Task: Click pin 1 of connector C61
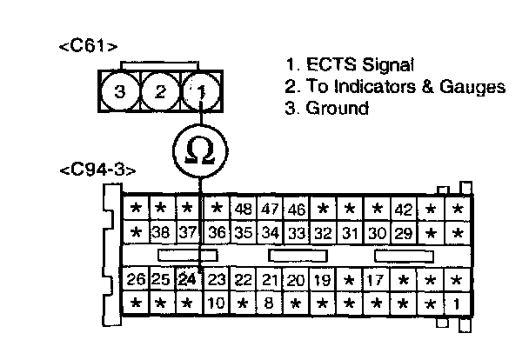[199, 90]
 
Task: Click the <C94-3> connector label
[97, 170]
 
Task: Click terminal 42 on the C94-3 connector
[404, 210]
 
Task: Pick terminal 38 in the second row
[159, 233]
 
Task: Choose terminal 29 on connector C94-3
[404, 233]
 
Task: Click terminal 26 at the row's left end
[135, 280]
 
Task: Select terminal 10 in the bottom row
[217, 303]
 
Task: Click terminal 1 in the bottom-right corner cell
[457, 303]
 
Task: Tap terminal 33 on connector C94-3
[297, 233]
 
